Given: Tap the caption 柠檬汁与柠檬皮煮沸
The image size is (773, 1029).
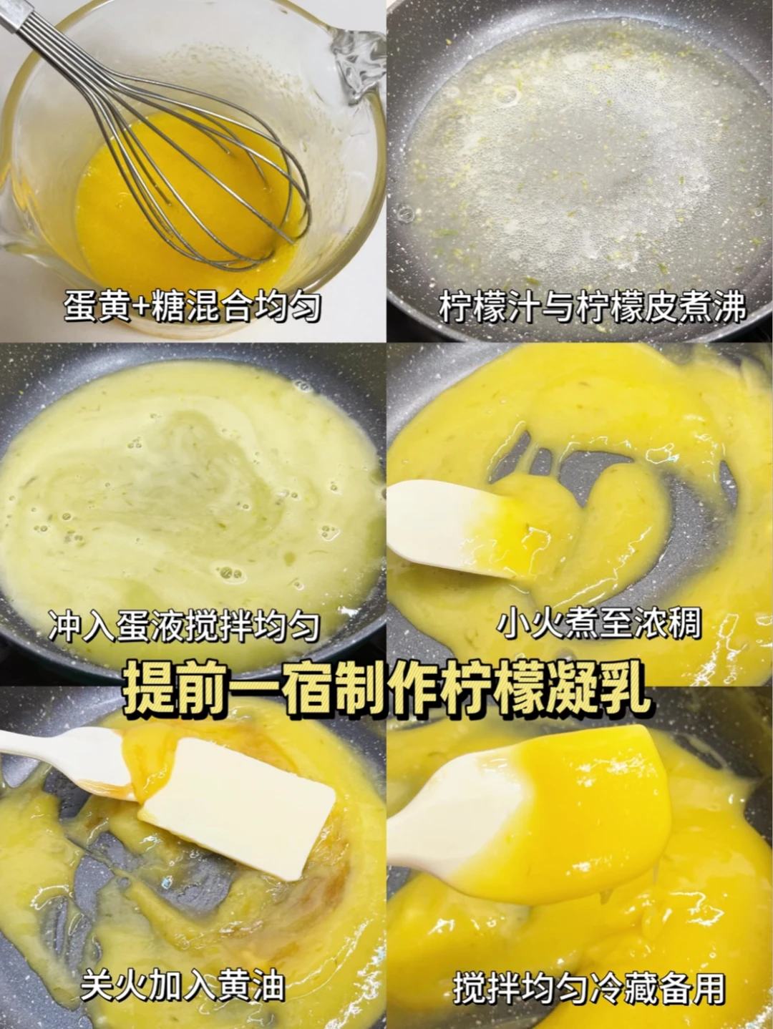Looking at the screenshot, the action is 593,307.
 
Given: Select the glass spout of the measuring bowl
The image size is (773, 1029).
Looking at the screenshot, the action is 356,61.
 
